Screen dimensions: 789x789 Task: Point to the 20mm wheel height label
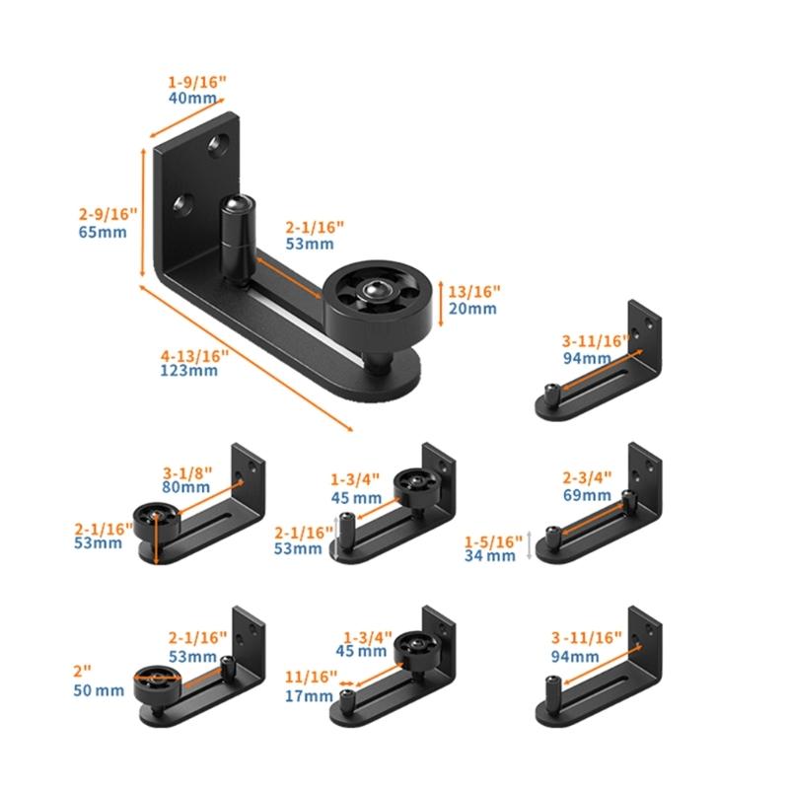(x=470, y=309)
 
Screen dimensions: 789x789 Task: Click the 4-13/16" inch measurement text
(x=193, y=355)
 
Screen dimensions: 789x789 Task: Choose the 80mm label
(x=187, y=487)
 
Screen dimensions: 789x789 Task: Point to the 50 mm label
(x=99, y=689)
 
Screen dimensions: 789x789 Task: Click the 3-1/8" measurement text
(x=188, y=471)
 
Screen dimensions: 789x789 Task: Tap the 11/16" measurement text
(x=309, y=678)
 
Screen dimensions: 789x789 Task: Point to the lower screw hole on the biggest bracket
(x=179, y=204)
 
